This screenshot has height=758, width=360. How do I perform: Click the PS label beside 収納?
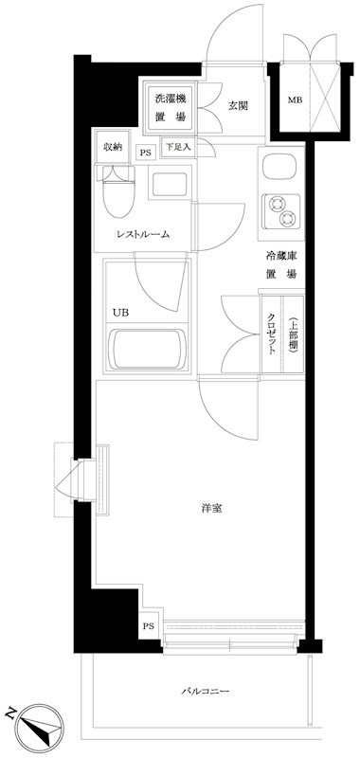(x=145, y=153)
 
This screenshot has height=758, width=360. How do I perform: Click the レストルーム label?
(x=143, y=235)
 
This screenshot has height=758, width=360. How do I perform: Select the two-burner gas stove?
(x=281, y=209)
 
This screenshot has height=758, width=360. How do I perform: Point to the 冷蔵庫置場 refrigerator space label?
(x=281, y=264)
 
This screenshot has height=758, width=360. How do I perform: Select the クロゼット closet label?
(x=271, y=334)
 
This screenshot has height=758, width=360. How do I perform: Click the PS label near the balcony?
(x=148, y=626)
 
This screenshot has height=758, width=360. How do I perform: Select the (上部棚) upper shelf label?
(x=294, y=333)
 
